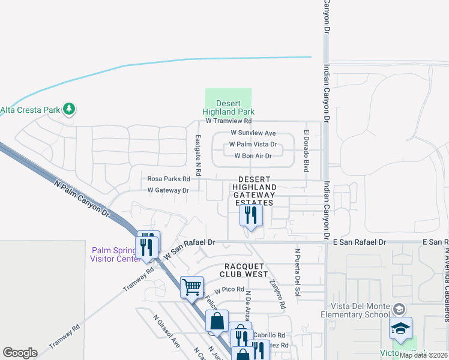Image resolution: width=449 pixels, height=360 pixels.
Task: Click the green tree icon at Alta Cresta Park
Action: (x=70, y=109)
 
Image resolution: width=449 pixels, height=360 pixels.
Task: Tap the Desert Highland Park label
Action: (x=228, y=107)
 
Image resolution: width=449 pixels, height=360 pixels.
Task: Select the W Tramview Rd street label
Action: (x=228, y=121)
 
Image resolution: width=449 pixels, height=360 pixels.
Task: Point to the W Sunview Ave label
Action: (x=253, y=133)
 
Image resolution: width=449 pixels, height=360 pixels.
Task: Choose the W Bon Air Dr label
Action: (x=253, y=155)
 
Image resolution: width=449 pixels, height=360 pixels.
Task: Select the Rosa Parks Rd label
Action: (x=169, y=179)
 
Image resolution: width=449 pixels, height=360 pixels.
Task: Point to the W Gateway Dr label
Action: (x=168, y=190)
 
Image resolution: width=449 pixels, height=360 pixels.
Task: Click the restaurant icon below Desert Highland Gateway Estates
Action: (x=251, y=215)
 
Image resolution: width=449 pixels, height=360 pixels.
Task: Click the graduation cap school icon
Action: (x=400, y=328)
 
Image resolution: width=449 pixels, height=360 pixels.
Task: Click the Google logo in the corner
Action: (x=20, y=353)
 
